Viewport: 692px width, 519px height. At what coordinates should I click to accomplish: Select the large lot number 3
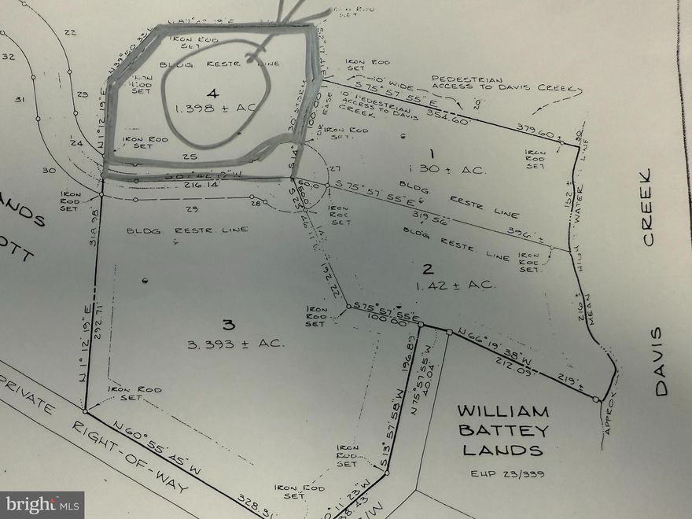tap(228, 324)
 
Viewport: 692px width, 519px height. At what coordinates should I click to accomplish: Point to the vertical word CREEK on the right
tap(649, 207)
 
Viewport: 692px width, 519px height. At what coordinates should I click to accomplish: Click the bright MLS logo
tap(42, 504)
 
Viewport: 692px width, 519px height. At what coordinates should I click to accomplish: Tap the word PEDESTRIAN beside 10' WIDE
tap(460, 79)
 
